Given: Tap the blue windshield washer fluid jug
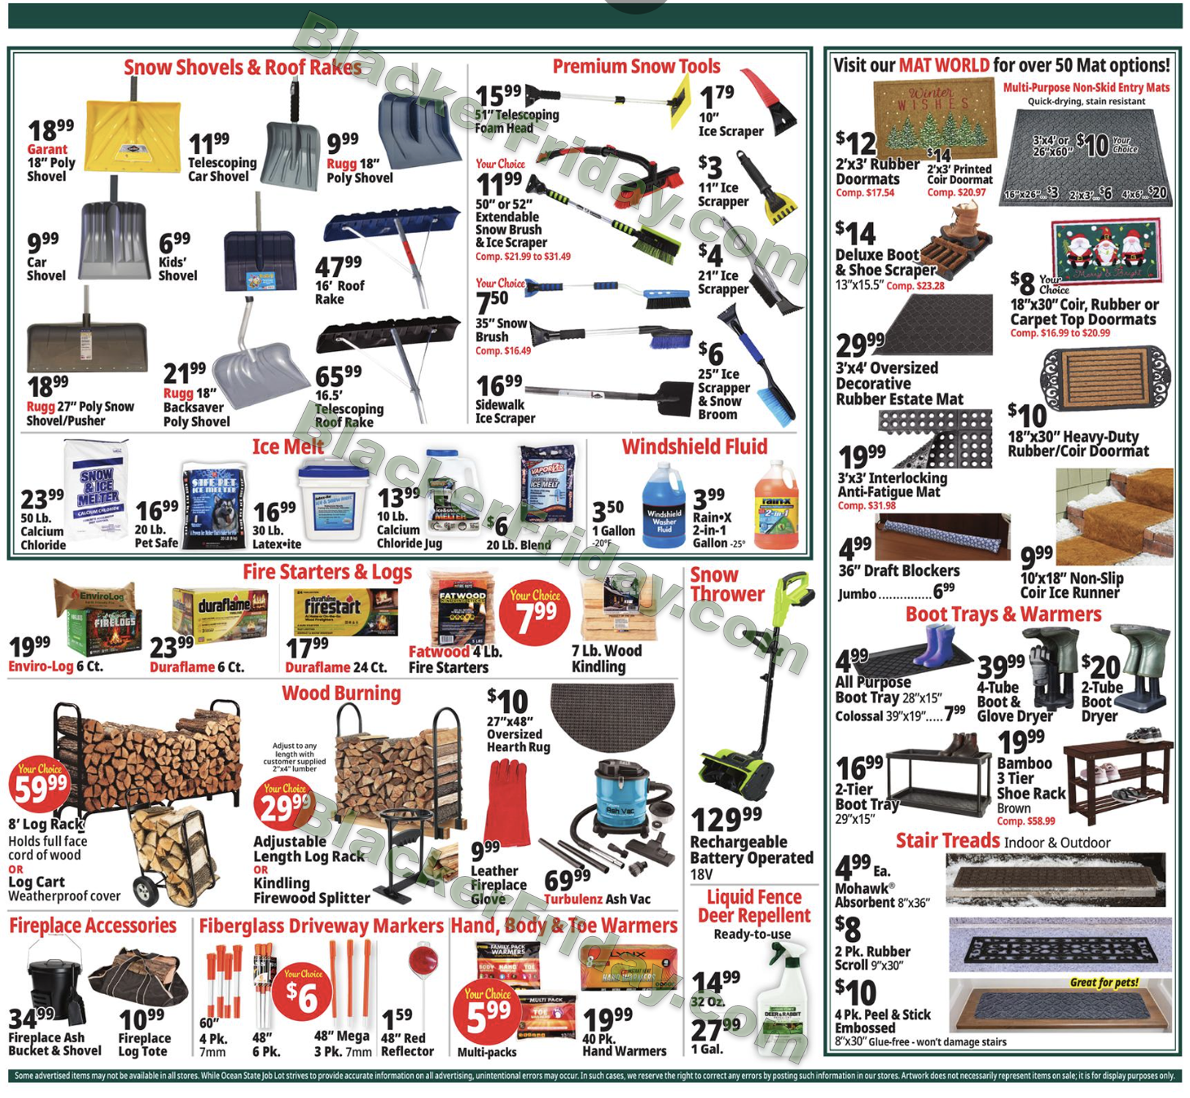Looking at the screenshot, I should click(663, 509).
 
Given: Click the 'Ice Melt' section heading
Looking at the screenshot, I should click(288, 447).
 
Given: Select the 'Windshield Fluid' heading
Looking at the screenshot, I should click(694, 447).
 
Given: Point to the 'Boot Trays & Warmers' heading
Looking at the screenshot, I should click(1003, 614).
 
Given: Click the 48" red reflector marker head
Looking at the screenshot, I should click(423, 960).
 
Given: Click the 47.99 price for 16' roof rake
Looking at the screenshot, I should click(338, 265).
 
